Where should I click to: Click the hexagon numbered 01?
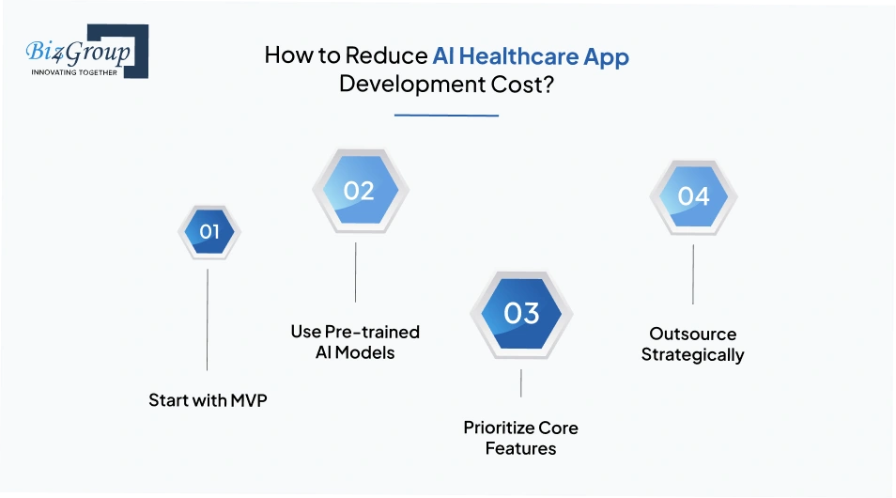(x=209, y=231)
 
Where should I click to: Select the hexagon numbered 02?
(x=359, y=191)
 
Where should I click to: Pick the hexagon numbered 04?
(x=693, y=196)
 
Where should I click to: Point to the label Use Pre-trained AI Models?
(x=355, y=342)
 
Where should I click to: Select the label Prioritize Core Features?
(x=520, y=438)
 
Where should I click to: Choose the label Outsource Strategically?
(x=693, y=344)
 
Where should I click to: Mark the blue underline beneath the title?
(x=446, y=116)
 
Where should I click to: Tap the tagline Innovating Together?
(x=75, y=71)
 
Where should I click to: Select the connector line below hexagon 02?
(x=355, y=272)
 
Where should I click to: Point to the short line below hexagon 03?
(x=521, y=383)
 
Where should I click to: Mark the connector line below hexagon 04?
(x=693, y=274)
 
